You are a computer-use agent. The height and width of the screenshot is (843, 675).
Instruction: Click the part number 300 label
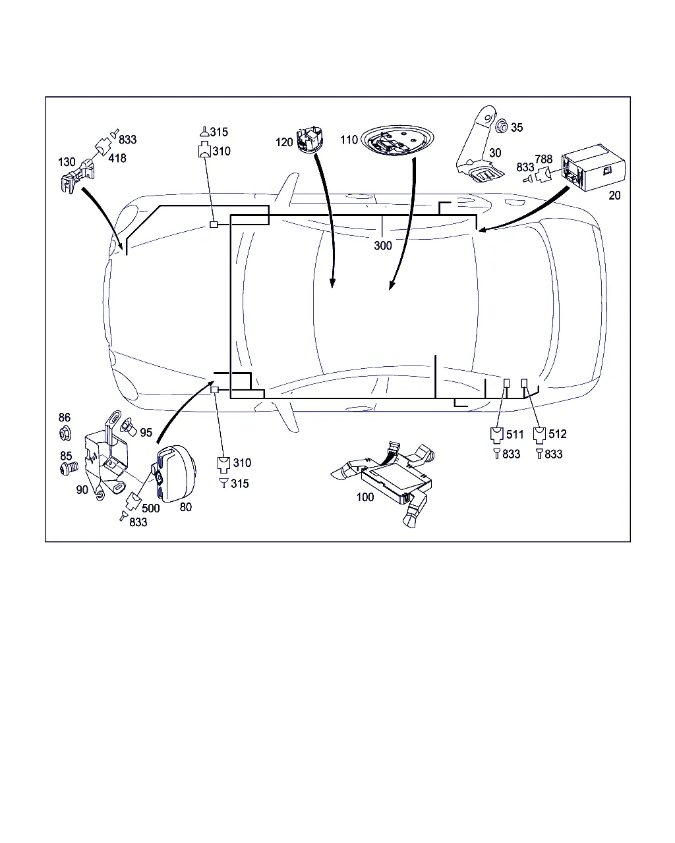(383, 246)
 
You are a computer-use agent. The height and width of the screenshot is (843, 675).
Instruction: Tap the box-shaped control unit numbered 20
(593, 167)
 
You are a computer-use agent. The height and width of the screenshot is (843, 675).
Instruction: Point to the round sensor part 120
(309, 139)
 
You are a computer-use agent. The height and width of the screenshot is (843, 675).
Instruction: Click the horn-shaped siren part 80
(175, 474)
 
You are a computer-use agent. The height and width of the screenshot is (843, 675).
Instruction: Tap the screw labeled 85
(69, 468)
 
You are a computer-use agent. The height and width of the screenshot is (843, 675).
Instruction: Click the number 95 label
(146, 433)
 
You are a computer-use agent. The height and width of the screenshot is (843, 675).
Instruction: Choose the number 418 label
(117, 158)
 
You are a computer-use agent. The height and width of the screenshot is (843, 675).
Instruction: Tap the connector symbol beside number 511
(496, 435)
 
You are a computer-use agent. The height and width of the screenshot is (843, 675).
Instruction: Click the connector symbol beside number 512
(539, 435)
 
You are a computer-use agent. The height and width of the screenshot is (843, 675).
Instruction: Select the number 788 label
(544, 159)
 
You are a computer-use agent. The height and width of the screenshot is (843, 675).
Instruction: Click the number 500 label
(150, 508)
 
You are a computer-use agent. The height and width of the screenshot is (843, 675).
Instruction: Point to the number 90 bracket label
(82, 489)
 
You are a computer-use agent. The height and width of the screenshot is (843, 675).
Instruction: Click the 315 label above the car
(219, 132)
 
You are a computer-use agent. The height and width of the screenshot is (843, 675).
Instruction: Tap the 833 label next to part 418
(127, 140)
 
